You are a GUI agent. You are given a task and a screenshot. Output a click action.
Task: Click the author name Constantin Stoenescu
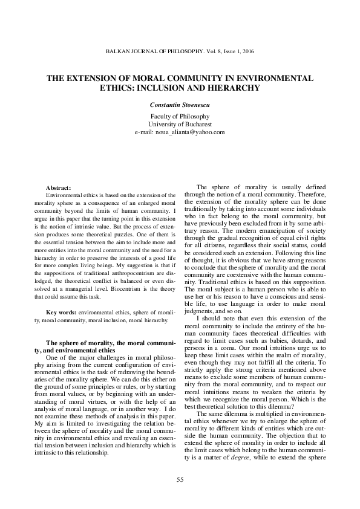click(180, 105)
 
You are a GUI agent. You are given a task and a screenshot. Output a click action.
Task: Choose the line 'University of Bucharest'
click(180, 123)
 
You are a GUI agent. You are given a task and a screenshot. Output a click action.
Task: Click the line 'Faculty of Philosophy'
click(180, 115)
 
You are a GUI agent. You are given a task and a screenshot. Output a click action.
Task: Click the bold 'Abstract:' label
click(59, 188)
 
